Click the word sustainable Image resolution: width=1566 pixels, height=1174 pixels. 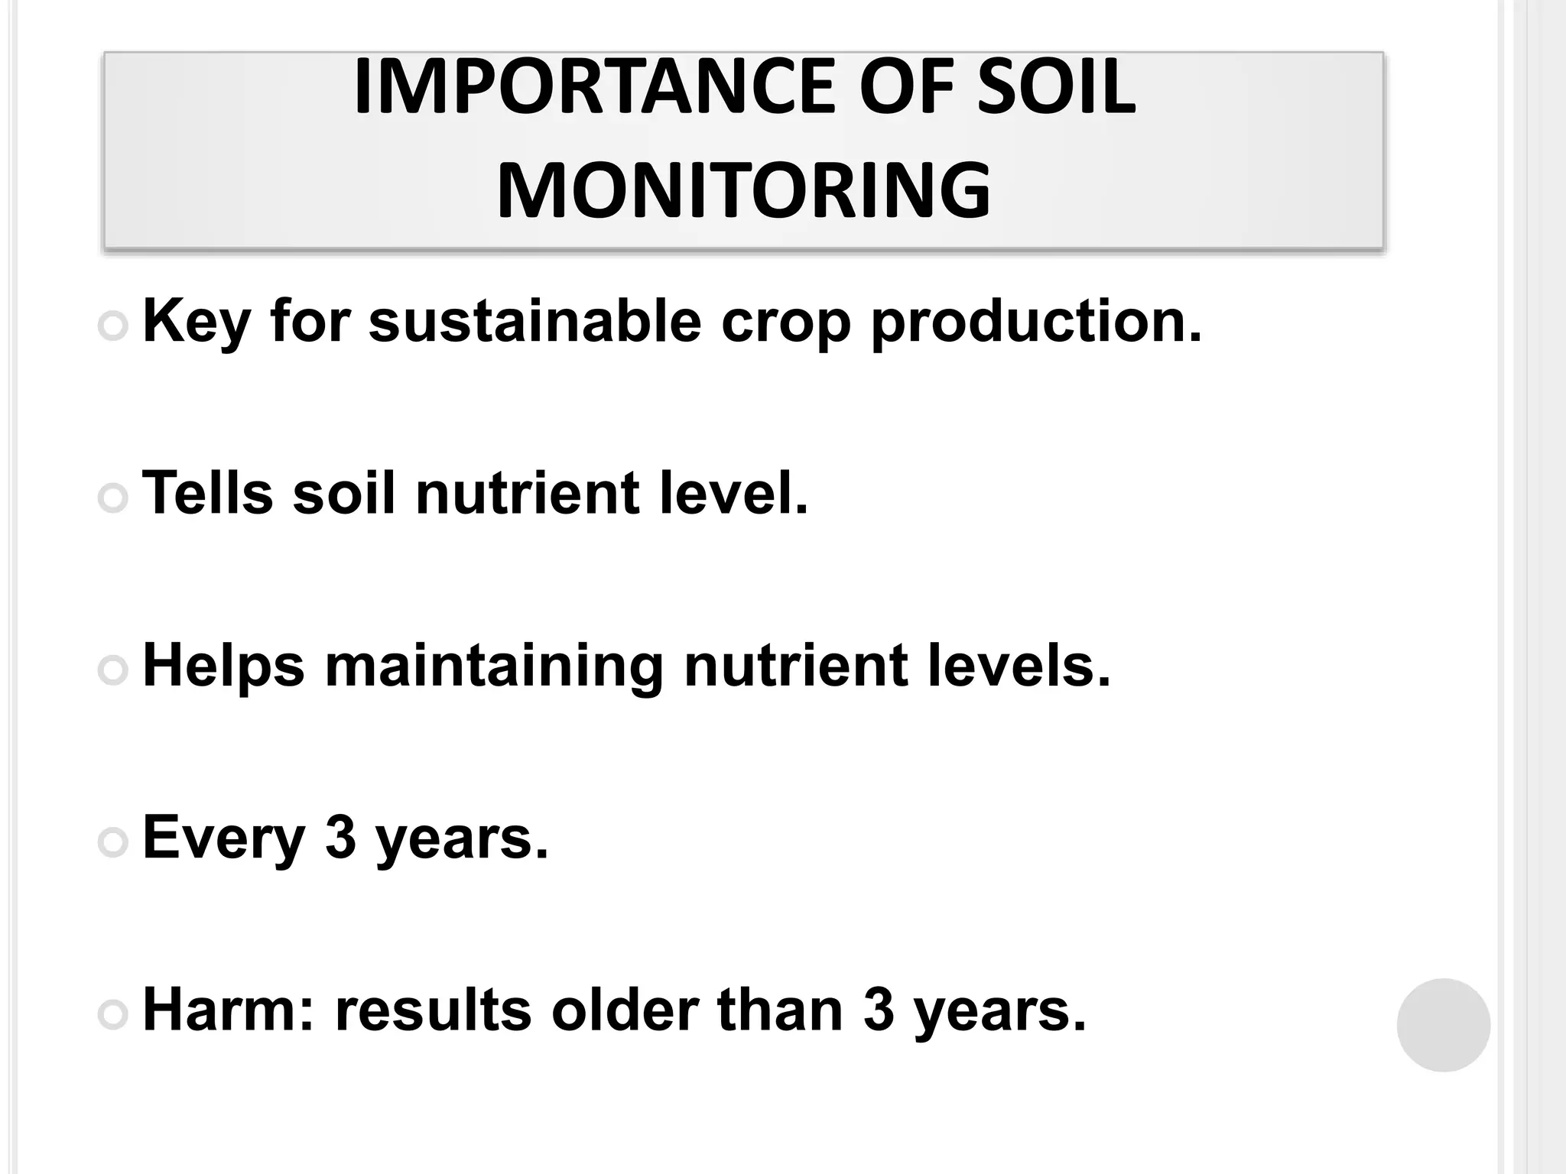(x=534, y=321)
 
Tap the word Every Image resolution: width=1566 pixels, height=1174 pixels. (x=224, y=838)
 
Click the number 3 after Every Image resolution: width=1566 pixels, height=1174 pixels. (x=341, y=837)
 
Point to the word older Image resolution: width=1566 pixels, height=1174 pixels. (x=625, y=1010)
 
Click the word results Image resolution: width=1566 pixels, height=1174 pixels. (x=433, y=1010)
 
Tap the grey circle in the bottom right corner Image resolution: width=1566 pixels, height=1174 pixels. (x=1443, y=1025)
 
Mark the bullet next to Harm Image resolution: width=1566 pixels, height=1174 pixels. (x=113, y=1014)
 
